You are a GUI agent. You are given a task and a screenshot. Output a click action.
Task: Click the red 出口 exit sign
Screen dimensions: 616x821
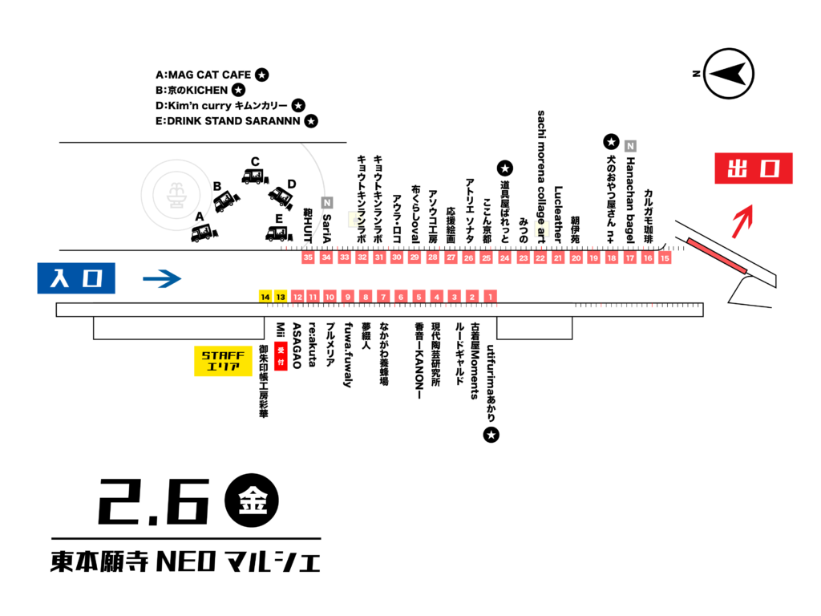point(754,168)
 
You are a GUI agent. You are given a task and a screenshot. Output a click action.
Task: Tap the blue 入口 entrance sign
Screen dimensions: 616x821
point(76,278)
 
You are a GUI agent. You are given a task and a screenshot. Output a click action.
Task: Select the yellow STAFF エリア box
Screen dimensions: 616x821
point(224,361)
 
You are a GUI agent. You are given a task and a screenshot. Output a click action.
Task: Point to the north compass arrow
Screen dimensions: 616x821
point(730,75)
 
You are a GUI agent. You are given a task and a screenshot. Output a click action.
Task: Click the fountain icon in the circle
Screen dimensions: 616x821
point(174,193)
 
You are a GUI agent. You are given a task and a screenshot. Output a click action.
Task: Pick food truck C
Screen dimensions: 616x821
point(255,175)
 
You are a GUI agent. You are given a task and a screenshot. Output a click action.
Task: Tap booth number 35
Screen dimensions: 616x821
point(308,257)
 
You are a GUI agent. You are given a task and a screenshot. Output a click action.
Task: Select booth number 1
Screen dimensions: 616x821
point(491,297)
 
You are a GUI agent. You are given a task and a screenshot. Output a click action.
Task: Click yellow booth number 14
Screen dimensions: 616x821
point(265,297)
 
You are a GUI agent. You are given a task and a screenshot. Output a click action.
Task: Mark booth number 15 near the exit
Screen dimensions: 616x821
point(664,257)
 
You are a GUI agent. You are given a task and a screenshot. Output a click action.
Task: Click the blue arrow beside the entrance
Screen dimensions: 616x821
point(162,279)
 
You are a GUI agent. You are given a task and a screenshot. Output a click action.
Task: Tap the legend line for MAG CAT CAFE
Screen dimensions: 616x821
point(212,75)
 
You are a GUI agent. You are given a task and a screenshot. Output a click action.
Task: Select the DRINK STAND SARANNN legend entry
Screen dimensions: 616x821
point(237,121)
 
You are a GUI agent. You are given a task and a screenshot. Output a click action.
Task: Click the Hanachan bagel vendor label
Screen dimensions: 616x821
point(630,197)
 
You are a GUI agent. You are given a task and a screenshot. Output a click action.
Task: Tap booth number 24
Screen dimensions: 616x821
point(504,257)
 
